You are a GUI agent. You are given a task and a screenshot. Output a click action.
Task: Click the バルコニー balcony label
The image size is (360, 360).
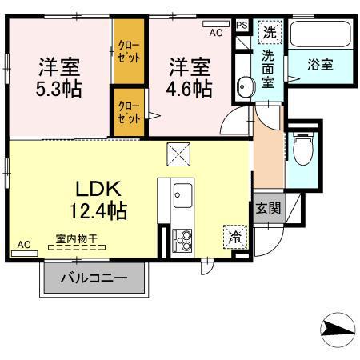pyautogui.click(x=95, y=281)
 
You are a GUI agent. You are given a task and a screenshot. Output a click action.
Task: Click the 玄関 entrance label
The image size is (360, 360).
pyautogui.click(x=268, y=208)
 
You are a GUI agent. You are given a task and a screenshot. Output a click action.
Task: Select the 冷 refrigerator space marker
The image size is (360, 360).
pyautogui.click(x=234, y=237)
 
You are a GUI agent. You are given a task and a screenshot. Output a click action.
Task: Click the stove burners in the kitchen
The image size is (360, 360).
pyautogui.click(x=182, y=239)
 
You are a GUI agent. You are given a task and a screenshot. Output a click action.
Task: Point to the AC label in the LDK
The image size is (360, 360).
pyautogui.click(x=23, y=245)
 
